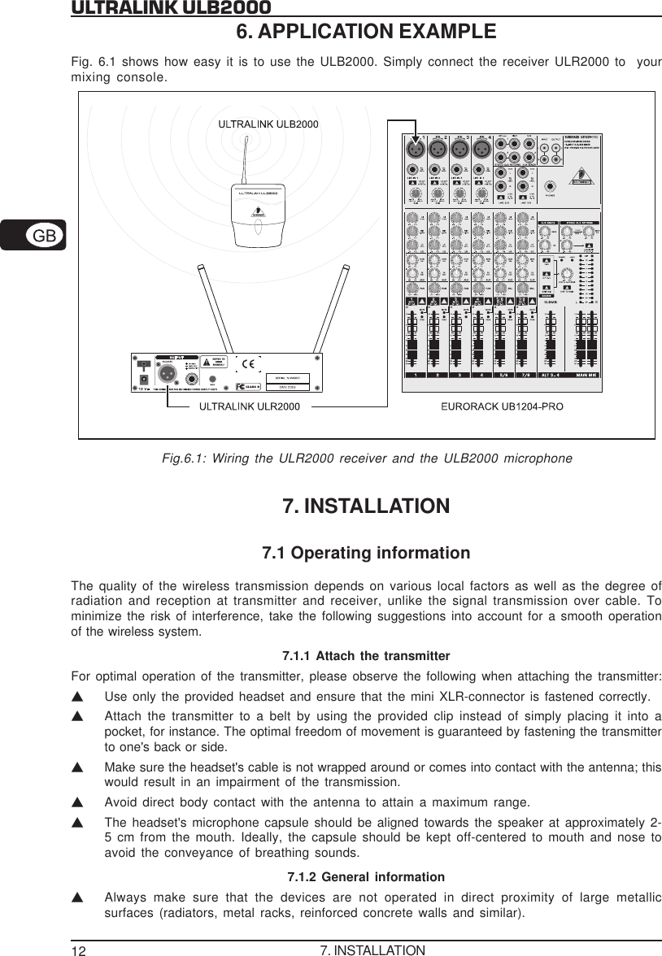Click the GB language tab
tap(45, 236)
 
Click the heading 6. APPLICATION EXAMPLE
tap(365, 32)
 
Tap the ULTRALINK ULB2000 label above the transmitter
tap(268, 124)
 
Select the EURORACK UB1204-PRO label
tap(502, 404)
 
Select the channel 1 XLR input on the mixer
tap(415, 150)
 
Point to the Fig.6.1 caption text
tap(367, 459)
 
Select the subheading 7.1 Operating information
tap(365, 554)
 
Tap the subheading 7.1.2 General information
tap(366, 877)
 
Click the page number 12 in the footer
tap(78, 949)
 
